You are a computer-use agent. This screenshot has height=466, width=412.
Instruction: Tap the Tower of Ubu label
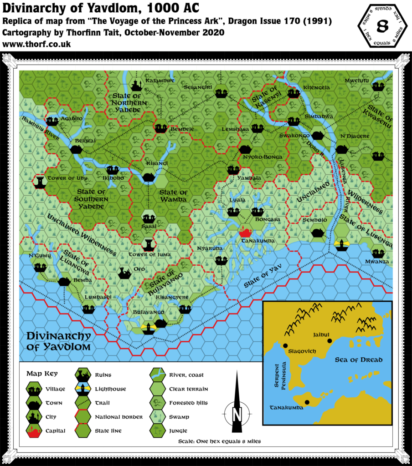click(67, 178)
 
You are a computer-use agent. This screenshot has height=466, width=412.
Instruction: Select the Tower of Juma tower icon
click(149, 245)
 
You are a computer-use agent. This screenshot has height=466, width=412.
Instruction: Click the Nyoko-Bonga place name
click(263, 157)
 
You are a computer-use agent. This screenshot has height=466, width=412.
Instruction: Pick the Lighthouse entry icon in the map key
click(83, 389)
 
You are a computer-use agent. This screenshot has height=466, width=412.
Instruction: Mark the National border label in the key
click(119, 416)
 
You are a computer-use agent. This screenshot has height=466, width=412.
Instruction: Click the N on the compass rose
click(237, 415)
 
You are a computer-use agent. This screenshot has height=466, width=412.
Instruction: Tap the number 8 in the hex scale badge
click(382, 26)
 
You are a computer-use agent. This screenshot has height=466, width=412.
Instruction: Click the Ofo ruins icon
click(124, 273)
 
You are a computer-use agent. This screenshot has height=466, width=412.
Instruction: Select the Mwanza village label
click(377, 262)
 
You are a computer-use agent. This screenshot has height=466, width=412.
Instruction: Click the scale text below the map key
click(219, 441)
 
